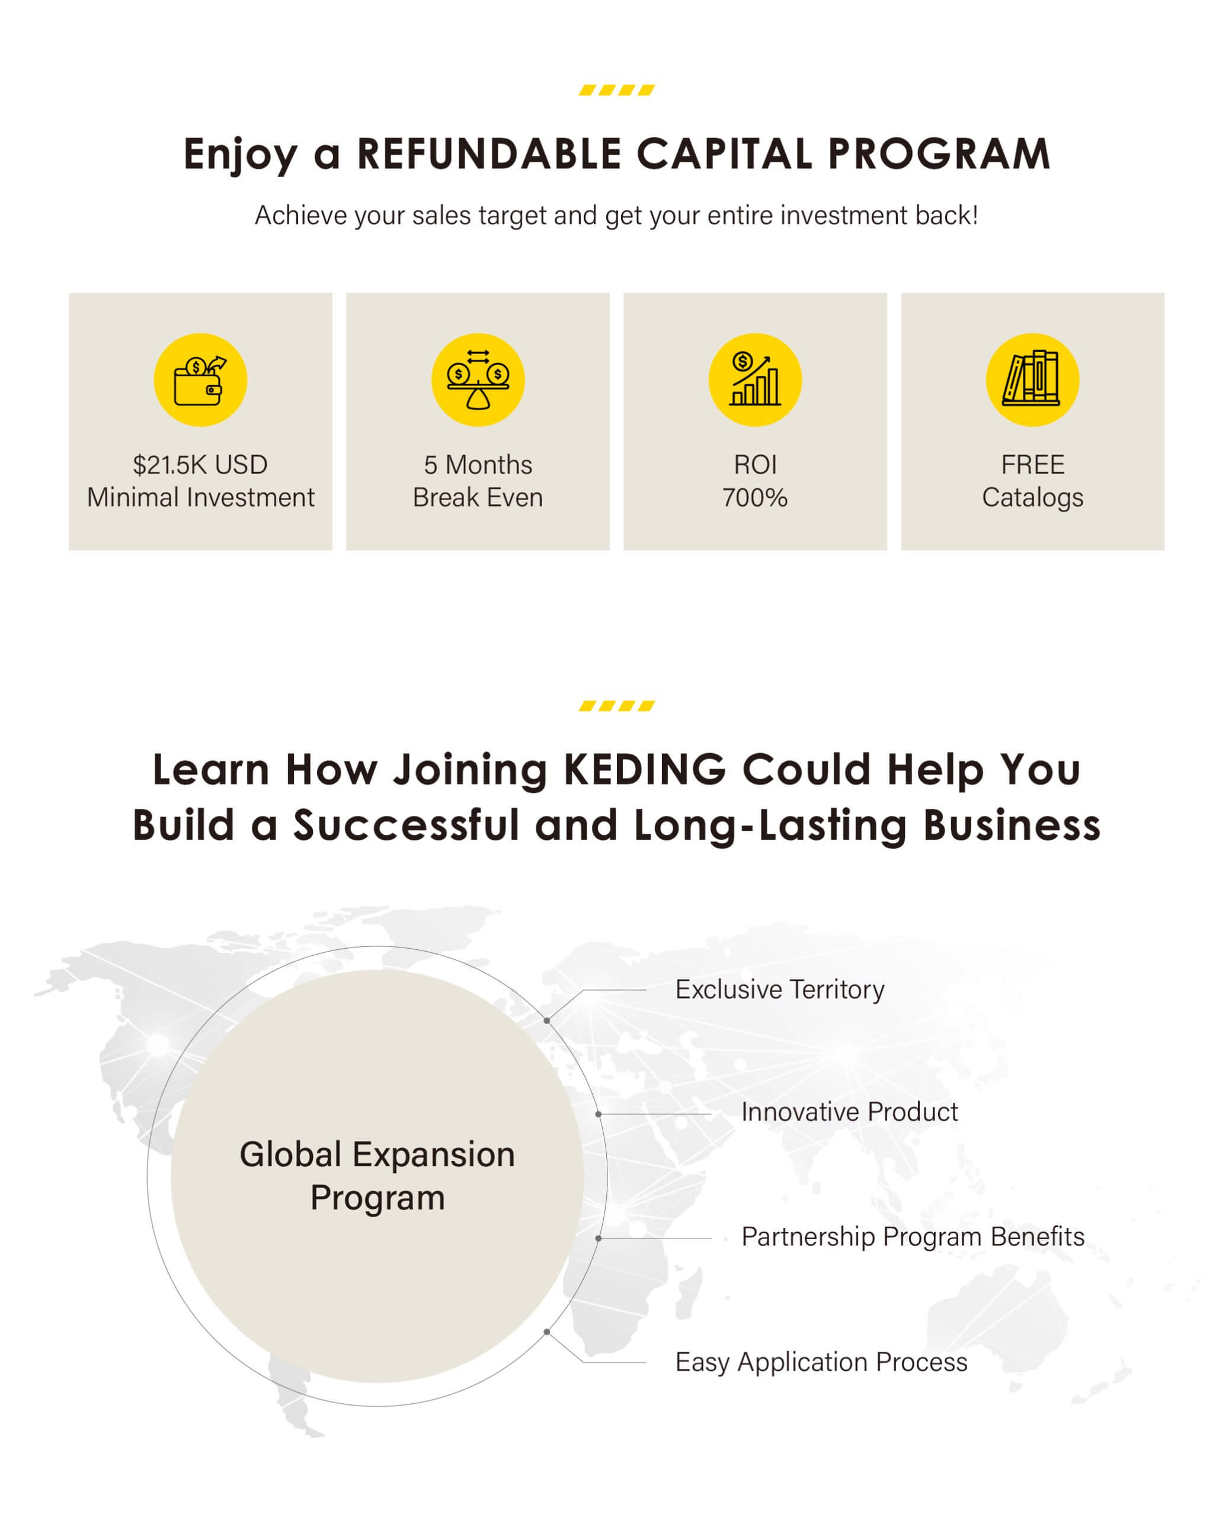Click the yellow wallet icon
[x=200, y=380]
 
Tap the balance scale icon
[x=478, y=380]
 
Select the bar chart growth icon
[x=755, y=380]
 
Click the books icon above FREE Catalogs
[x=1032, y=380]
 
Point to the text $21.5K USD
[x=200, y=465]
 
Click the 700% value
[x=755, y=497]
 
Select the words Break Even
[x=478, y=497]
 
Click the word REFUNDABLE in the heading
[x=489, y=153]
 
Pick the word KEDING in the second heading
[x=645, y=769]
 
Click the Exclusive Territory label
[x=780, y=990]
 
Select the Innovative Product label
[x=850, y=1112]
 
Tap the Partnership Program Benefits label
[x=913, y=1237]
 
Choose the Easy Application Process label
[x=821, y=1362]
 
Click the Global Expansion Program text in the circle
[x=377, y=1176]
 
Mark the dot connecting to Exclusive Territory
[x=546, y=1020]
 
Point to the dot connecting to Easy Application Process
[x=546, y=1332]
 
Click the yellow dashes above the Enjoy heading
[x=617, y=89]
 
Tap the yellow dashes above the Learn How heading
[x=617, y=705]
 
